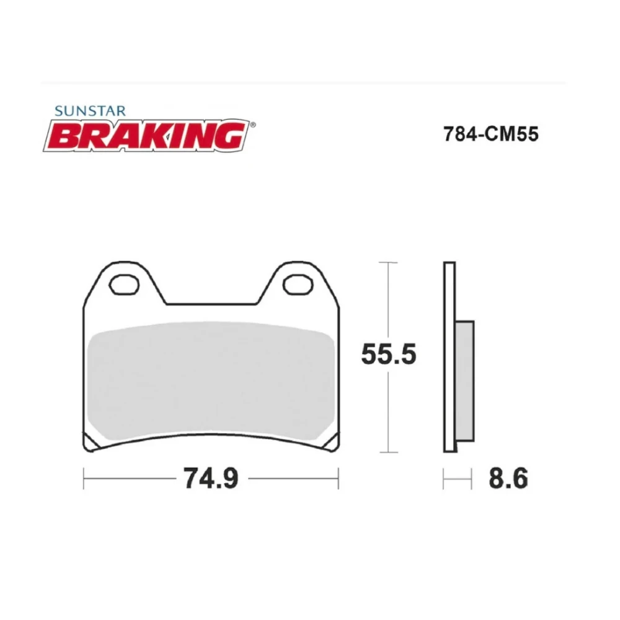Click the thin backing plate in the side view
(x=449, y=356)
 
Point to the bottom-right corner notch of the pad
(x=334, y=442)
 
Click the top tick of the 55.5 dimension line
(x=388, y=263)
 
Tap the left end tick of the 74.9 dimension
(x=84, y=479)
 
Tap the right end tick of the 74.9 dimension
(x=339, y=479)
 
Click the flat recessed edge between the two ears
(x=211, y=304)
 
